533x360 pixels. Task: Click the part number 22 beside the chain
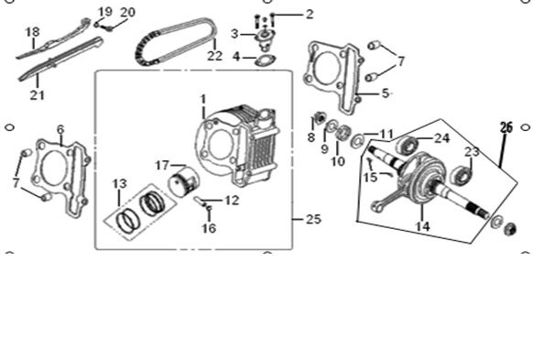click(215, 56)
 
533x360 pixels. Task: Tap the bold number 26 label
click(506, 127)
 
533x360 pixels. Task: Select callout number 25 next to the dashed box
click(313, 219)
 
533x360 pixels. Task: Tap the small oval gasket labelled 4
click(266, 60)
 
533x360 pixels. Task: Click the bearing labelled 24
click(408, 145)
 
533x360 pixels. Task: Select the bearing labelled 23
click(462, 174)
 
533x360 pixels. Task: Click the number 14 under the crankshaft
click(422, 226)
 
